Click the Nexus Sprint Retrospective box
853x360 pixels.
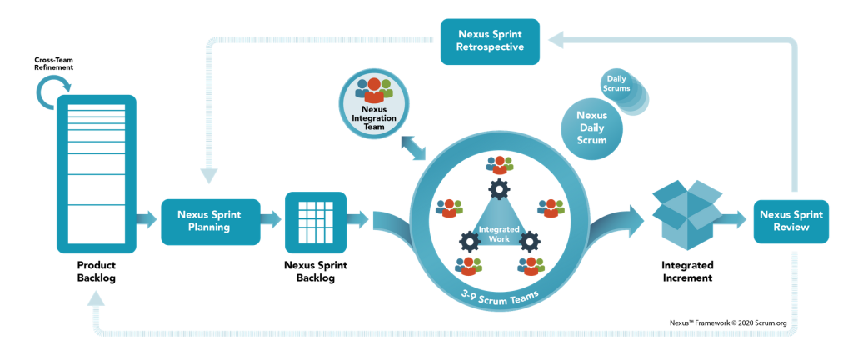[490, 42]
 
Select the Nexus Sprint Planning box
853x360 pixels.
[209, 221]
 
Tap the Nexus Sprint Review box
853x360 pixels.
[791, 221]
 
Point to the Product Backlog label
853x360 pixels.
[97, 272]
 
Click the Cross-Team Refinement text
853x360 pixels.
[52, 64]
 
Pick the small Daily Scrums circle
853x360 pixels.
[616, 83]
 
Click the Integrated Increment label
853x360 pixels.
[687, 272]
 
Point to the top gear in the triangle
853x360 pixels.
[499, 189]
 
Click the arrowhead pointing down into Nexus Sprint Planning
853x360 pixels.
[209, 175]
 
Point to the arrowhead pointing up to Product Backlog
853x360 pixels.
[96, 297]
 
